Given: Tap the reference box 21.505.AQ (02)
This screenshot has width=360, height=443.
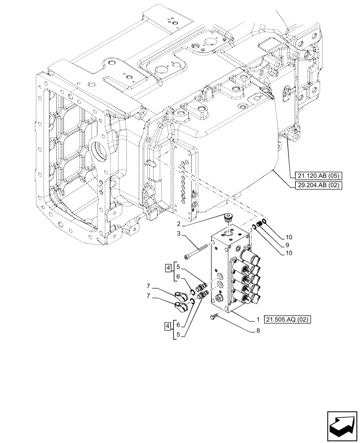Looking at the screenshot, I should (288, 319).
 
